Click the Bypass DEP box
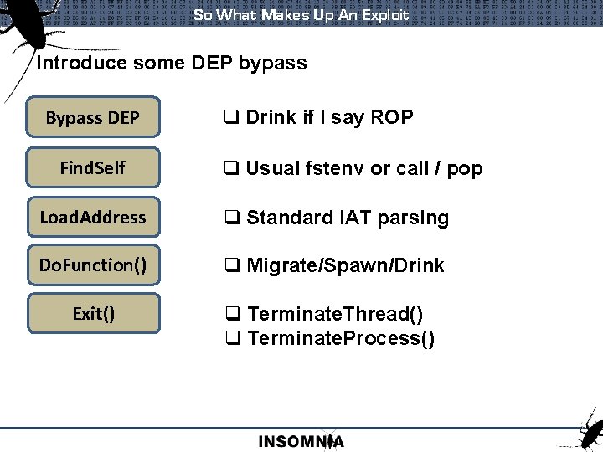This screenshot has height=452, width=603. tap(92, 118)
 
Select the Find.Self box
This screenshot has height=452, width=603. tap(92, 167)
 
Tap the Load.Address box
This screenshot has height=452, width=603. tap(92, 217)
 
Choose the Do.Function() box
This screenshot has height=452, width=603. tap(92, 265)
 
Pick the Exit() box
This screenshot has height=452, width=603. tap(92, 314)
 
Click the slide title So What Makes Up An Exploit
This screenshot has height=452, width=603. tap(301, 14)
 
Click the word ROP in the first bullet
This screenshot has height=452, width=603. tap(393, 117)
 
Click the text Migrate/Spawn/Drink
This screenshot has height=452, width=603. tap(345, 265)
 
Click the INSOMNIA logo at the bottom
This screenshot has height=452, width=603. tap(301, 440)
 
